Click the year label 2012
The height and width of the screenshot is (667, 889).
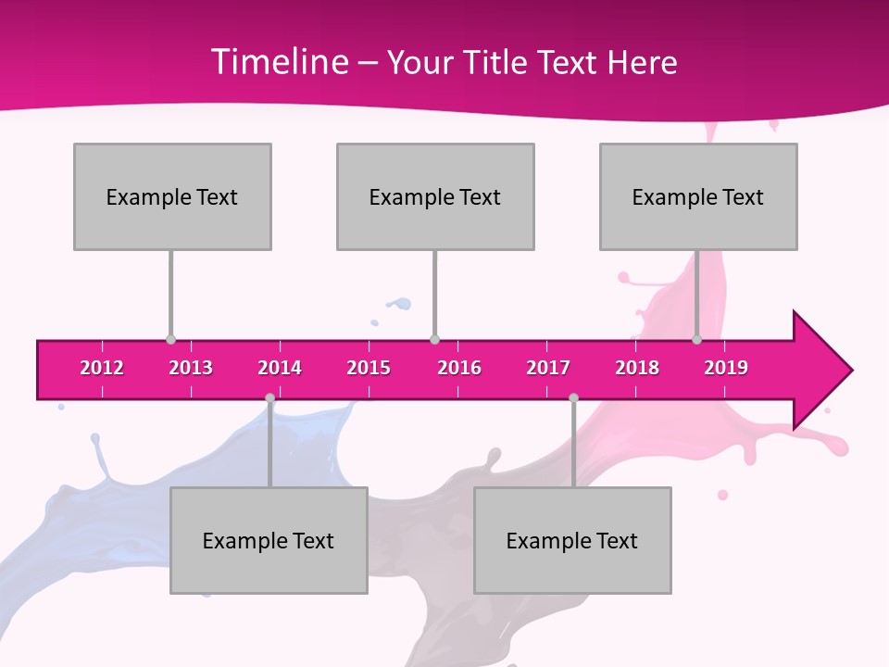102,368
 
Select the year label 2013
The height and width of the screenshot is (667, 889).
191,368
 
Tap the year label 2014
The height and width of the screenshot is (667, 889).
280,368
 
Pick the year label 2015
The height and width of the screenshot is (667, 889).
369,368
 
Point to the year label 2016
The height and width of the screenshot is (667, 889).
459,368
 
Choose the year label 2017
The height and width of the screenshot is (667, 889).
548,368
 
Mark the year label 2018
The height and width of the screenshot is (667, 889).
637,368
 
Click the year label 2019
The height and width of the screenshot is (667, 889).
726,368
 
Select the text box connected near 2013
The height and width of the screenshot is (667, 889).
172,196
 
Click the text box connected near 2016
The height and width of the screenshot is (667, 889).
435,196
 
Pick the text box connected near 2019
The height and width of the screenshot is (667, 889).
698,196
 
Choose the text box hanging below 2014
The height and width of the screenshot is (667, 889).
269,540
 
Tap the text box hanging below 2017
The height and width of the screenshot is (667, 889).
572,540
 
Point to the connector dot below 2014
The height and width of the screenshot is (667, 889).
269,398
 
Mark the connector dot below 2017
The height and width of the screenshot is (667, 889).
573,398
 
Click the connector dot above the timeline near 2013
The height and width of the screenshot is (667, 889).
170,340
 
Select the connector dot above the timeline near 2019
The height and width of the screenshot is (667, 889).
696,340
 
